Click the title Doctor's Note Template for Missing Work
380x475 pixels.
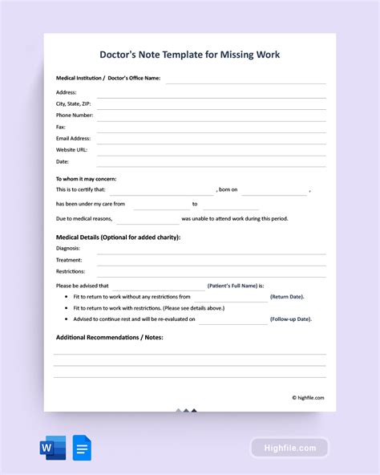pos(190,55)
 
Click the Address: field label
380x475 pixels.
pos(67,92)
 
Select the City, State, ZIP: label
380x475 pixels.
pos(74,104)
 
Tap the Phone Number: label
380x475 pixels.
pos(75,116)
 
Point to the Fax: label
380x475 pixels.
pos(61,127)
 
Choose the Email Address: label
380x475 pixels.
pos(74,138)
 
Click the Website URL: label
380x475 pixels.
pos(72,149)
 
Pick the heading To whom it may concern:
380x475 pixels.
pos(84,178)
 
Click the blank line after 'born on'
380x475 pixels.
pos(274,190)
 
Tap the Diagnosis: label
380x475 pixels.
pos(68,249)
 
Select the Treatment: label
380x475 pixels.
pos(69,260)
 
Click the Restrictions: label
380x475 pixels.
pos(71,271)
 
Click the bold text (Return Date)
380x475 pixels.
pos(287,297)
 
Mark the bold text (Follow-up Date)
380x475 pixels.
pos(291,319)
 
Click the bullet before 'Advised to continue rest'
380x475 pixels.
pos(64,319)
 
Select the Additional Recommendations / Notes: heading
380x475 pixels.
pos(109,338)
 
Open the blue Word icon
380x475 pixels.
pos(53,447)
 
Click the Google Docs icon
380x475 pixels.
pos(81,447)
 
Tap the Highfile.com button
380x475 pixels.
pos(289,448)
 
